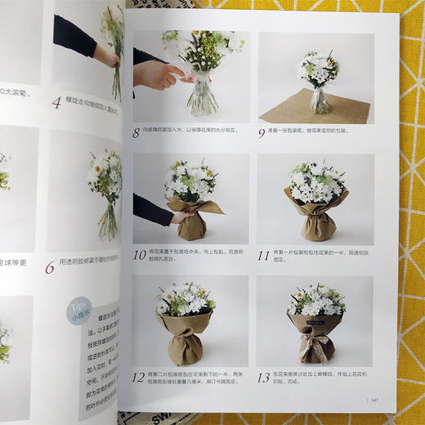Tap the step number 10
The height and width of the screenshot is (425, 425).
140,255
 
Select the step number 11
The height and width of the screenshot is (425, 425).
264,255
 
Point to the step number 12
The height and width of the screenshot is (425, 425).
140,377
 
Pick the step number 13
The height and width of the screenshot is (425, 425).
264,377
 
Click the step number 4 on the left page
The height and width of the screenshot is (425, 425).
56,103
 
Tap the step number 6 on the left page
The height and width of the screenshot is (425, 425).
50,266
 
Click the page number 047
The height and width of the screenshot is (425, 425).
372,400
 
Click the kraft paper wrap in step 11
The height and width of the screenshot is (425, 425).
317,214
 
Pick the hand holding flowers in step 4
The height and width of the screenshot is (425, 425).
105,57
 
